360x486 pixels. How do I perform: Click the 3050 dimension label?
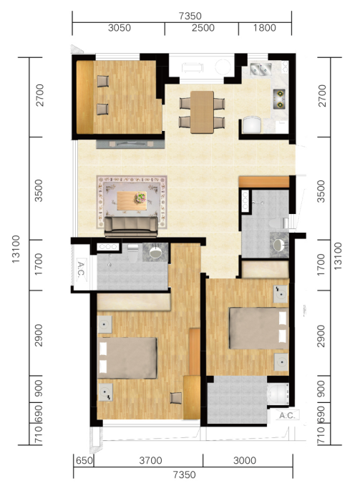tap(120, 28)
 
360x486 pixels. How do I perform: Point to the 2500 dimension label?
tap(203, 28)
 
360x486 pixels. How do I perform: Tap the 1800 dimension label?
tap(264, 28)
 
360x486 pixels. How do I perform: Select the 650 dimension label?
tap(84, 460)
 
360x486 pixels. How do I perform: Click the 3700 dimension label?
tap(150, 460)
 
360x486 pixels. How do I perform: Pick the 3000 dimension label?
tap(245, 460)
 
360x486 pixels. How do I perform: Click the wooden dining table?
tap(202, 112)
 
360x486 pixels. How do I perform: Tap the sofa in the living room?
tap(131, 227)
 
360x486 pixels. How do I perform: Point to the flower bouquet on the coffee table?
tap(140, 198)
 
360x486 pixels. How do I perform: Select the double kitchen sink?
tap(261, 69)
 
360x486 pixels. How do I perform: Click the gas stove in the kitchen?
tap(279, 99)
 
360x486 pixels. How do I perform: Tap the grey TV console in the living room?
tap(130, 144)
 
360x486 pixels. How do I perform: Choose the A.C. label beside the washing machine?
tap(288, 415)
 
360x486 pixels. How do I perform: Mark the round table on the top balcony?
tap(223, 67)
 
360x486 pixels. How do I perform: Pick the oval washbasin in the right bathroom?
tap(278, 246)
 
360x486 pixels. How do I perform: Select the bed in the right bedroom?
tap(258, 328)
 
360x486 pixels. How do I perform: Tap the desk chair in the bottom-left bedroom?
tap(176, 398)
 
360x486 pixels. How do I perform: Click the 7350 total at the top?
tap(190, 16)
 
